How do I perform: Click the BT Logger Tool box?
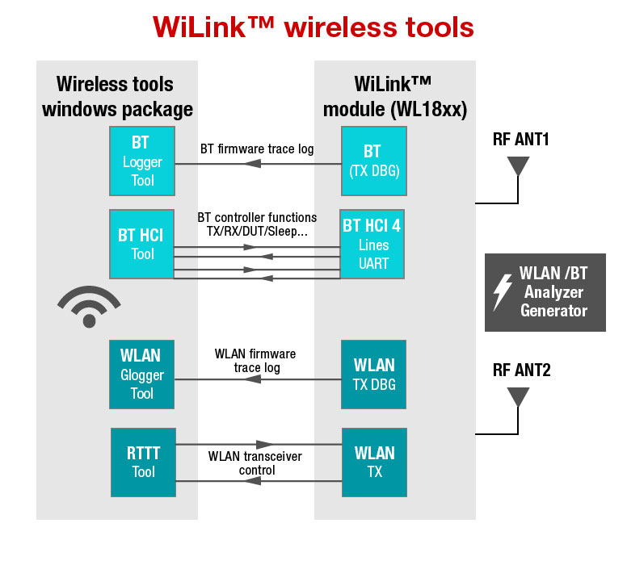tap(142, 161)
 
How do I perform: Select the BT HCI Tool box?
tap(142, 244)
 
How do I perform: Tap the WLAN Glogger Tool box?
tap(142, 375)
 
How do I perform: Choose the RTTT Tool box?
tap(143, 462)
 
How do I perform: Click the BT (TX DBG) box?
tap(372, 161)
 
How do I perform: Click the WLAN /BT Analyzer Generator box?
tap(545, 292)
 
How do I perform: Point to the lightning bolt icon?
tap(503, 292)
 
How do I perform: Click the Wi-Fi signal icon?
tap(89, 307)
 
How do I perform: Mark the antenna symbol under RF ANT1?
tap(517, 165)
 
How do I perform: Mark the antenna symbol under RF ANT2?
tap(517, 396)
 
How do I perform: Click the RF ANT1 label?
tap(521, 140)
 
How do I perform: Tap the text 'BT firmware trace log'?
tap(257, 149)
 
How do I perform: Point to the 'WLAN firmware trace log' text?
tap(255, 361)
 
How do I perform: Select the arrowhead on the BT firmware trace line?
tap(253, 164)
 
